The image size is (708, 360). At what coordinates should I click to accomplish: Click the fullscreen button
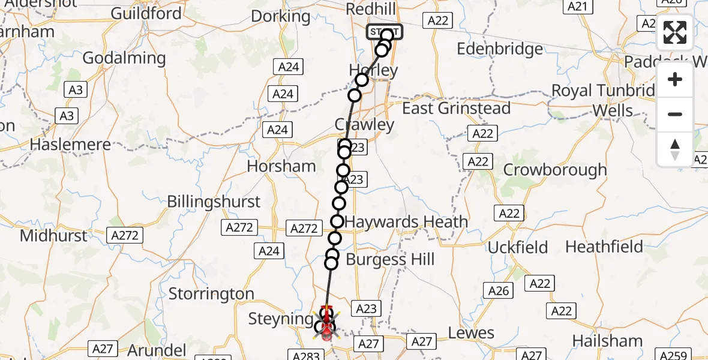(675, 32)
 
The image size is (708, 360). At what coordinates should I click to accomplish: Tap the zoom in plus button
(675, 79)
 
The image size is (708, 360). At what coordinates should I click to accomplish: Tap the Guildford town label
(146, 13)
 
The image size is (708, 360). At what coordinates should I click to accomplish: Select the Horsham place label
(281, 166)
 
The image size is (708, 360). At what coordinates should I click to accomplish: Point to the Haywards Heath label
(406, 222)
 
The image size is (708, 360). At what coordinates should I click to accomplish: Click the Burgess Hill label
(390, 260)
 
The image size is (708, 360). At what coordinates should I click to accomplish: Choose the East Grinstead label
(456, 109)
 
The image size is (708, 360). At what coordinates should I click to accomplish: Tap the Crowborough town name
(555, 170)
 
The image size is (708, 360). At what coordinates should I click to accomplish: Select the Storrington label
(211, 293)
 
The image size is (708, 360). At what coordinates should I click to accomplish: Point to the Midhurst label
(53, 236)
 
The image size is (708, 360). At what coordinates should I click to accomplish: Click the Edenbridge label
(500, 49)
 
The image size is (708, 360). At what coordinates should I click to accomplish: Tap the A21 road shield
(576, 6)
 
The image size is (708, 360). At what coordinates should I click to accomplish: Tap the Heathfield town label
(604, 247)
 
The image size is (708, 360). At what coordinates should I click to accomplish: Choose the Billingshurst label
(214, 202)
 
